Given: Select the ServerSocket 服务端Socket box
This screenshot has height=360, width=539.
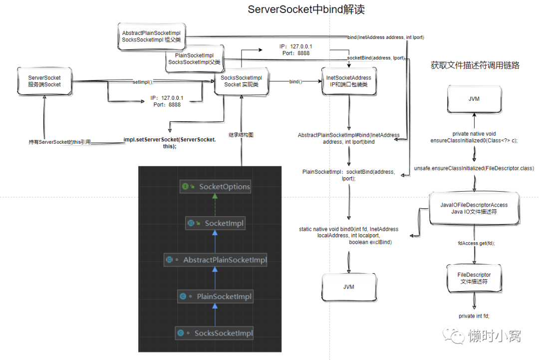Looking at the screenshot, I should click(x=44, y=81).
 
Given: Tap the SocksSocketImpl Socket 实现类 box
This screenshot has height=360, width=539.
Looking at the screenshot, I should click(x=241, y=81).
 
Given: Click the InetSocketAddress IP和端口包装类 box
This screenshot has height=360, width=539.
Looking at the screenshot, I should click(x=348, y=81).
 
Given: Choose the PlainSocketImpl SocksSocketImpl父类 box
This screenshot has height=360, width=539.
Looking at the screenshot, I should click(x=195, y=58).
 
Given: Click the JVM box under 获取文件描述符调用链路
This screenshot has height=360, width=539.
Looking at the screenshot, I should click(x=474, y=99).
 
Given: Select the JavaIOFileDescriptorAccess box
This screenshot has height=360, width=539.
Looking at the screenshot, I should click(x=474, y=208).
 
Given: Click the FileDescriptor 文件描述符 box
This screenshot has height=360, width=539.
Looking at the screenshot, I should click(x=474, y=278).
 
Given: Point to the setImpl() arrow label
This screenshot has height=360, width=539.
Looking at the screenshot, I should click(x=143, y=81).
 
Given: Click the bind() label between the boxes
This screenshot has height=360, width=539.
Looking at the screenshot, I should click(x=295, y=81).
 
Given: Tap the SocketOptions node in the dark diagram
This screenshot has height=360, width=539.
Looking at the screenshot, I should click(x=216, y=187).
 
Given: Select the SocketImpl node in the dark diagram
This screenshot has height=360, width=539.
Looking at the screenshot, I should click(x=216, y=224).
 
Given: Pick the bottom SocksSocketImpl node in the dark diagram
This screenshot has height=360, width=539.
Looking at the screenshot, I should click(x=216, y=333).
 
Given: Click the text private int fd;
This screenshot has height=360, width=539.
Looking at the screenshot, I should click(x=474, y=316).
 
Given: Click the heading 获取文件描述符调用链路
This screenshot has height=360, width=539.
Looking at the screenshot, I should click(x=475, y=65).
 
